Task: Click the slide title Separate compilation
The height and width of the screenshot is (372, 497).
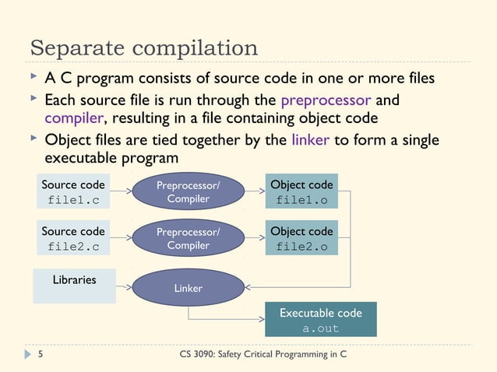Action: point(144,48)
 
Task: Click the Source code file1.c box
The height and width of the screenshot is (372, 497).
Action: point(72,192)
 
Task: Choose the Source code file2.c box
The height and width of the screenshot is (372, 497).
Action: point(72,239)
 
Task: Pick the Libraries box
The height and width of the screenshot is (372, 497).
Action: point(74,286)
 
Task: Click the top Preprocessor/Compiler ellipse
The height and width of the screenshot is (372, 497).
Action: point(188,192)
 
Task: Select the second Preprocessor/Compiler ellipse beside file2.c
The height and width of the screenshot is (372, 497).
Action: point(188,239)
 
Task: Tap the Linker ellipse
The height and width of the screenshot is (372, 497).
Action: point(188,287)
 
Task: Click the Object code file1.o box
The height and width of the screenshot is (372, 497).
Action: point(301,192)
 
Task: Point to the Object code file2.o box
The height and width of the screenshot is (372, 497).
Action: point(301,239)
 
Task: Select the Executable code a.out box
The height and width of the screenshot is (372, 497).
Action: point(320,320)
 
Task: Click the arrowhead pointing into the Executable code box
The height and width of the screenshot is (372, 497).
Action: point(260,319)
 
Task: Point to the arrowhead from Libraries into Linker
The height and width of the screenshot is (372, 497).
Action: point(128,287)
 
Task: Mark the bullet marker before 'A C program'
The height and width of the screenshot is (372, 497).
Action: point(33,78)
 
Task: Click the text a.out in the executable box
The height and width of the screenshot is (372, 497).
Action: point(320,328)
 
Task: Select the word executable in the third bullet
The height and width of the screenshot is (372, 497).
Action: point(78,157)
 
